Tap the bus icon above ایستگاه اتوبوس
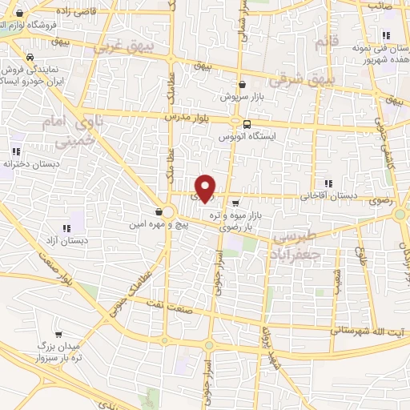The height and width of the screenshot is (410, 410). pos(247,124)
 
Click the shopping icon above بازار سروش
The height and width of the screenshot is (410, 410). pos(242,84)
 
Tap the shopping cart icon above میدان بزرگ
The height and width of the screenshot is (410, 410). pos(57,336)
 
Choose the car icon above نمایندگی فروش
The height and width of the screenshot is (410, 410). pos(30,58)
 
